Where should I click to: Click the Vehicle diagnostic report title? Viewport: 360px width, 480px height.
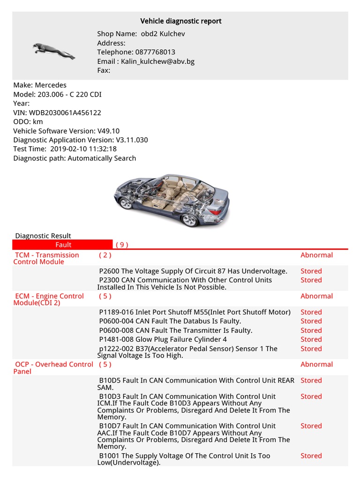tap(181, 21)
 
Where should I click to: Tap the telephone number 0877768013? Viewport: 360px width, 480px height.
tap(155, 52)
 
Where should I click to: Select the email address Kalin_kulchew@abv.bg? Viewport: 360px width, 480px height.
tap(157, 61)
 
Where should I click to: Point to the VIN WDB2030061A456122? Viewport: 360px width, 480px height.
tap(65, 112)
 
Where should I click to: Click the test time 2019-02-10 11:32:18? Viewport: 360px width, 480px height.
tap(83, 149)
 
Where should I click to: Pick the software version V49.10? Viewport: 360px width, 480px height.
tap(108, 131)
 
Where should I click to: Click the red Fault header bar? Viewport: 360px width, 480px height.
tap(63, 245)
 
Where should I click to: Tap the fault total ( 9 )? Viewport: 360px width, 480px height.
tap(122, 245)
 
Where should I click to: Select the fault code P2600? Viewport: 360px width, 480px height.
tap(109, 271)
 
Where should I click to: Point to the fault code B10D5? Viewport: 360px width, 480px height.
tap(110, 381)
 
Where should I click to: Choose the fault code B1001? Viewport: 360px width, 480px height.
tap(109, 456)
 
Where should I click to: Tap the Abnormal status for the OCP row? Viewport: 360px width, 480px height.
tap(316, 364)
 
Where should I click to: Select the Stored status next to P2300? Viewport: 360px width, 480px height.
tap(311, 280)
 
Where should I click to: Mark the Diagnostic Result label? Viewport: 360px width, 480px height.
tap(43, 236)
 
